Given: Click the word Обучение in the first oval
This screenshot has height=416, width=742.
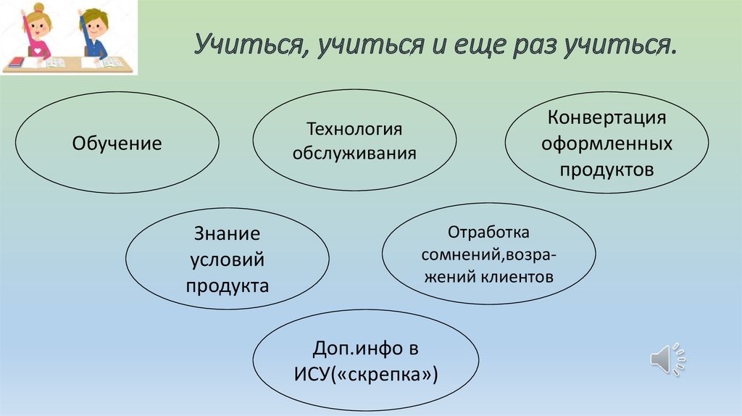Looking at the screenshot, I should [117, 143].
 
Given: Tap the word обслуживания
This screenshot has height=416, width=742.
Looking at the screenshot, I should [354, 154].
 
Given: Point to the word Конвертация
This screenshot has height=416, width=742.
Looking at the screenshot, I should [606, 118].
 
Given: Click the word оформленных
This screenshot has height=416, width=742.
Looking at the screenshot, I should [606, 144].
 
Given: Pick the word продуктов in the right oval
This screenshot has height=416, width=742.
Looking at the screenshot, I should [606, 170].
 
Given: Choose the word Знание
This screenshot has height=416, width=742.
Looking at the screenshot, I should [227, 233].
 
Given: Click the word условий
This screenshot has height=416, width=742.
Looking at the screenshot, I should [227, 259].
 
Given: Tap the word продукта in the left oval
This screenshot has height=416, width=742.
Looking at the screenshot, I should [227, 286].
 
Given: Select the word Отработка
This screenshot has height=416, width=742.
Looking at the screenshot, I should [488, 233].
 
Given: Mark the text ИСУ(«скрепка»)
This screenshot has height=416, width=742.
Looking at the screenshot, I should [365, 375].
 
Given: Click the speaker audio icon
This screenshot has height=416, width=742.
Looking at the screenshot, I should [667, 359].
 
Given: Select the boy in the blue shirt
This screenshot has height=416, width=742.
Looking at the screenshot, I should [93, 36].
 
